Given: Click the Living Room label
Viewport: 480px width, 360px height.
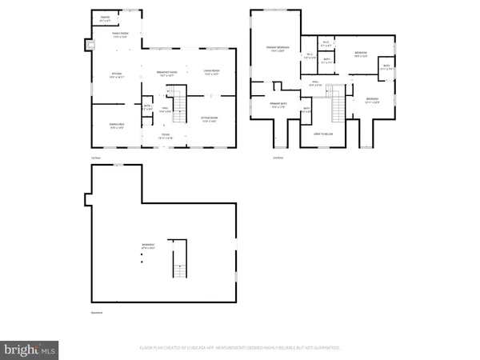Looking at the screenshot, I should click(x=211, y=74).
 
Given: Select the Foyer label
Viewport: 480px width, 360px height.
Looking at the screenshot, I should click(x=165, y=136).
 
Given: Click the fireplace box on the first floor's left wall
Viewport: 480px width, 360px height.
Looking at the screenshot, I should click(x=87, y=46).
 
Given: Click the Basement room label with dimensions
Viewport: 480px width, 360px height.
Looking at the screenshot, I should click(x=149, y=247).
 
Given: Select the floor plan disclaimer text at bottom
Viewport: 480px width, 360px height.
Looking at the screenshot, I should click(x=240, y=348).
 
